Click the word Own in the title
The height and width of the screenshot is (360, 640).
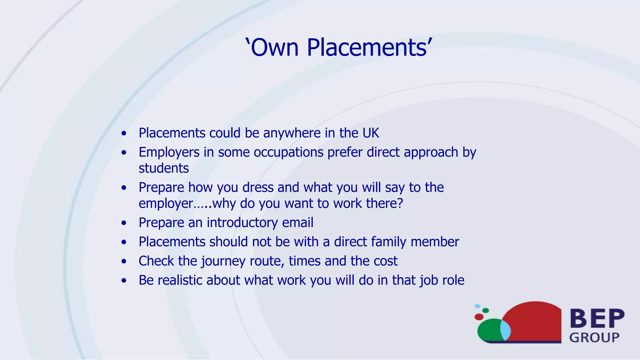coord(275,47)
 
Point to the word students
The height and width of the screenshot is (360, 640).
coord(164,168)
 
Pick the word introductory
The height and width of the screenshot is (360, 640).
coord(242,223)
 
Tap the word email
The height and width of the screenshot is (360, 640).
coord(297,223)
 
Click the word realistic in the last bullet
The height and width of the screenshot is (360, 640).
coord(180,280)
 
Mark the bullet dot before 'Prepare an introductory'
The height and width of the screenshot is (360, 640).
coord(124,223)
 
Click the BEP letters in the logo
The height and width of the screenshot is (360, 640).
coord(597,318)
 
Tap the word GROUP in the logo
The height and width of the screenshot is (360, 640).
coord(594,337)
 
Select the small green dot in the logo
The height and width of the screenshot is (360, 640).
coord(486,310)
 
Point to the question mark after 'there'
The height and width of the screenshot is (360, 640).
coord(400,203)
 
